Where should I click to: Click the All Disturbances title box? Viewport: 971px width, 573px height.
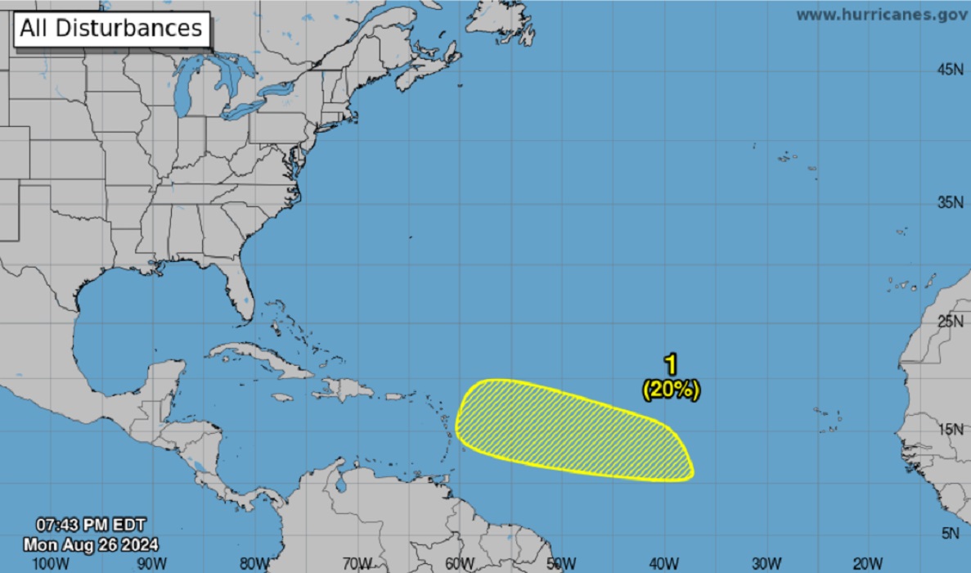[110, 29]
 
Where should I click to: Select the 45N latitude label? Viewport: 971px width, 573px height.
[950, 70]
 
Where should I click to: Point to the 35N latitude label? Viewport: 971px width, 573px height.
[950, 202]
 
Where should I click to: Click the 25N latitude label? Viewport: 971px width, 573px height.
[950, 321]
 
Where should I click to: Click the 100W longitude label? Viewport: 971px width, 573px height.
[52, 563]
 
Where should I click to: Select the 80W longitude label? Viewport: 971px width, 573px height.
[255, 563]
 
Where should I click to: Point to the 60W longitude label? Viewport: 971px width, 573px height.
[460, 563]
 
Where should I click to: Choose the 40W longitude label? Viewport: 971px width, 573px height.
[664, 563]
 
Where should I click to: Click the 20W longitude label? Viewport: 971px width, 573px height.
[868, 563]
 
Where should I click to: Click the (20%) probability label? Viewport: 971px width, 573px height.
[671, 390]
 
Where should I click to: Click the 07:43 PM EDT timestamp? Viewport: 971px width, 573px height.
[91, 524]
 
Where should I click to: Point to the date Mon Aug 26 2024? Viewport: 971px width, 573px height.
[91, 544]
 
